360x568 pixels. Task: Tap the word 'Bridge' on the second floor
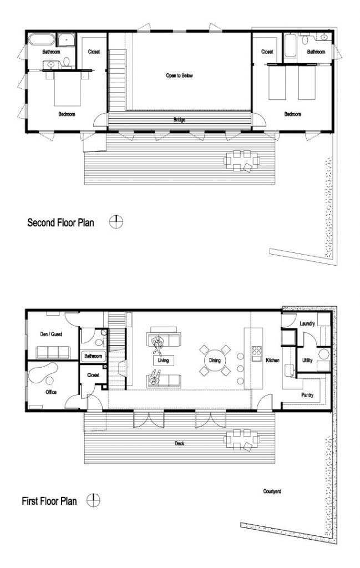click(179, 120)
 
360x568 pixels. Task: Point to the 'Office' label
click(50, 392)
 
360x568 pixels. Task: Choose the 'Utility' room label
click(307, 361)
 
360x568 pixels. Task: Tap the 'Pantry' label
click(308, 395)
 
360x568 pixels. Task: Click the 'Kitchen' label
click(273, 361)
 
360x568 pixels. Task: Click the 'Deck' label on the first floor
click(179, 443)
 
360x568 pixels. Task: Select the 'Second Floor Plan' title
click(61, 223)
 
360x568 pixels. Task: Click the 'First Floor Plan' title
click(49, 501)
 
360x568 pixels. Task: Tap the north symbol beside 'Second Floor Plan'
click(116, 222)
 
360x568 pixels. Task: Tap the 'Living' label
click(163, 361)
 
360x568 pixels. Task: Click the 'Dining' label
click(215, 361)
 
